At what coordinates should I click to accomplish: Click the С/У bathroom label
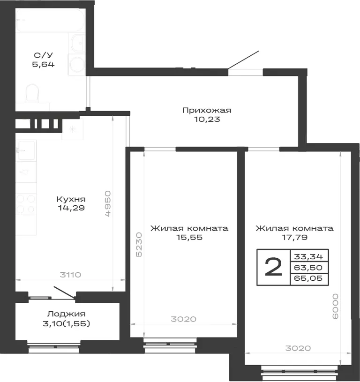coord(43,55)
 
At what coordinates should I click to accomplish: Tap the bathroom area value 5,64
coord(43,64)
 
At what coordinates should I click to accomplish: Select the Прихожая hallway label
coord(207,110)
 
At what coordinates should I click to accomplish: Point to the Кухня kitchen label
coord(71,199)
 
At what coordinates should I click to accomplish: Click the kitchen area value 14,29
coord(71,208)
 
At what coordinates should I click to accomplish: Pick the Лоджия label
coord(66,314)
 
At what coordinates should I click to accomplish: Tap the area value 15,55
coord(189,237)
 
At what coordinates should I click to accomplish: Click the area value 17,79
coord(294,237)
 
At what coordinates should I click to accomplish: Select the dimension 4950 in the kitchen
coord(108,204)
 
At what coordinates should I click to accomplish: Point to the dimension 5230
coord(139,244)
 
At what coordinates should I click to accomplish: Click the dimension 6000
coord(336,306)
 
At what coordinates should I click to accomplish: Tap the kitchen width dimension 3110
coord(70,275)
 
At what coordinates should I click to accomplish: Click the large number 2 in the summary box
coord(273,267)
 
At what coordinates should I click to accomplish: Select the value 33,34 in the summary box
coord(308,256)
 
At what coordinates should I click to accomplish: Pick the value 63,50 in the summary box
coord(308,268)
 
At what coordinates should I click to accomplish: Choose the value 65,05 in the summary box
coord(308,278)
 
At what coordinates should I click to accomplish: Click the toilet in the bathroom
coord(32,93)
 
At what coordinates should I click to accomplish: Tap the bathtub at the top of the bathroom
coord(51,20)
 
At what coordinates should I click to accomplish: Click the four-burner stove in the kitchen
coord(26,204)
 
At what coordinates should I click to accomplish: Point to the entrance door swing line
coord(243,60)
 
